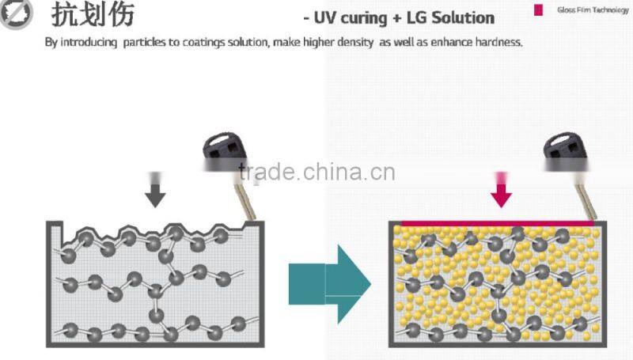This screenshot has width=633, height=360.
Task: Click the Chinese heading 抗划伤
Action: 93,15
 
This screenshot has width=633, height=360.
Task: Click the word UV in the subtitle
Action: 323,17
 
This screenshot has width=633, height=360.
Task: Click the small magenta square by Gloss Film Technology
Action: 538,9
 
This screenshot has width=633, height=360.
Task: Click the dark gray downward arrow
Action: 155,192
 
